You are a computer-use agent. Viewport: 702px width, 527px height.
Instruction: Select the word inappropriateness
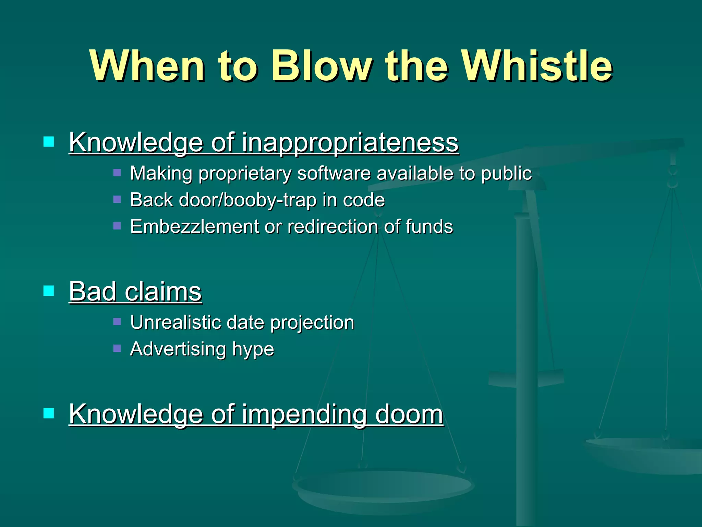[350, 142]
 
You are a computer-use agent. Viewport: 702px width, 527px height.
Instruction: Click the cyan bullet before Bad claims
[49, 291]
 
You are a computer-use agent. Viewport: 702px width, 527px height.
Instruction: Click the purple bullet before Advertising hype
[117, 349]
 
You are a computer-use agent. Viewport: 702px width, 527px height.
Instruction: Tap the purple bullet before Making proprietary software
[117, 173]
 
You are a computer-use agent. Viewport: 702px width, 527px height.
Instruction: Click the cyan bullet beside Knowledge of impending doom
[49, 413]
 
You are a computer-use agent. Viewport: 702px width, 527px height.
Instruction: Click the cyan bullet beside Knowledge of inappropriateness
[49, 142]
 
